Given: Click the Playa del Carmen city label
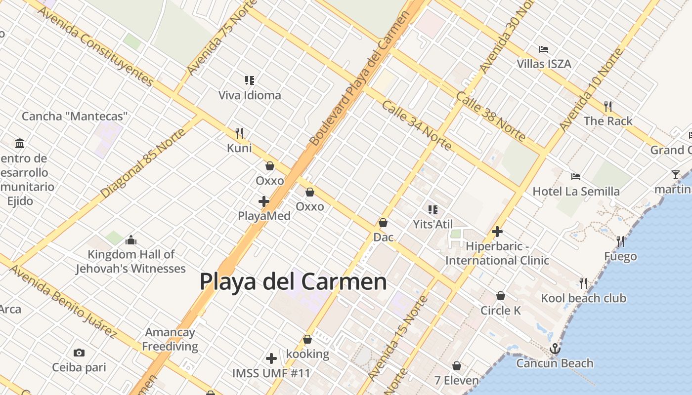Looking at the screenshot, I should click(x=293, y=281).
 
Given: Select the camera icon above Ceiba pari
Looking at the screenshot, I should click(x=79, y=353).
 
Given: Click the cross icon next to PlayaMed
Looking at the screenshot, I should click(x=264, y=201).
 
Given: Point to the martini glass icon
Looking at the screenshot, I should click(x=676, y=175).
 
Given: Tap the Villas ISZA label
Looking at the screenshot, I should click(x=544, y=64).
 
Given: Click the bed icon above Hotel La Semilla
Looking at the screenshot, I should click(x=575, y=177).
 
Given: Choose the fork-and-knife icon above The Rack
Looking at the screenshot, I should click(x=608, y=106).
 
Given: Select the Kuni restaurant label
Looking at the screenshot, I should click(x=239, y=148).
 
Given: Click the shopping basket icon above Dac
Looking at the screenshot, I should click(x=383, y=223).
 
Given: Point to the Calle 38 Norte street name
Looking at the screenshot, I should click(x=490, y=118).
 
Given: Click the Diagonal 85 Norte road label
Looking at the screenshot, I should click(x=143, y=163).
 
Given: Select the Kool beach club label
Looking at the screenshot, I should click(x=583, y=298).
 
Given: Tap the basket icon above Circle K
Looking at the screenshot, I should click(x=501, y=296).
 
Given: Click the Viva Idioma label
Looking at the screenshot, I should click(x=250, y=95).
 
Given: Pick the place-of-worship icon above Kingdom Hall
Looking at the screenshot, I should click(x=131, y=240).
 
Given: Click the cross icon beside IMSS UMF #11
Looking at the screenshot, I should click(x=271, y=358).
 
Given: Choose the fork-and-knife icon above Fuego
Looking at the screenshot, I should click(x=620, y=241).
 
